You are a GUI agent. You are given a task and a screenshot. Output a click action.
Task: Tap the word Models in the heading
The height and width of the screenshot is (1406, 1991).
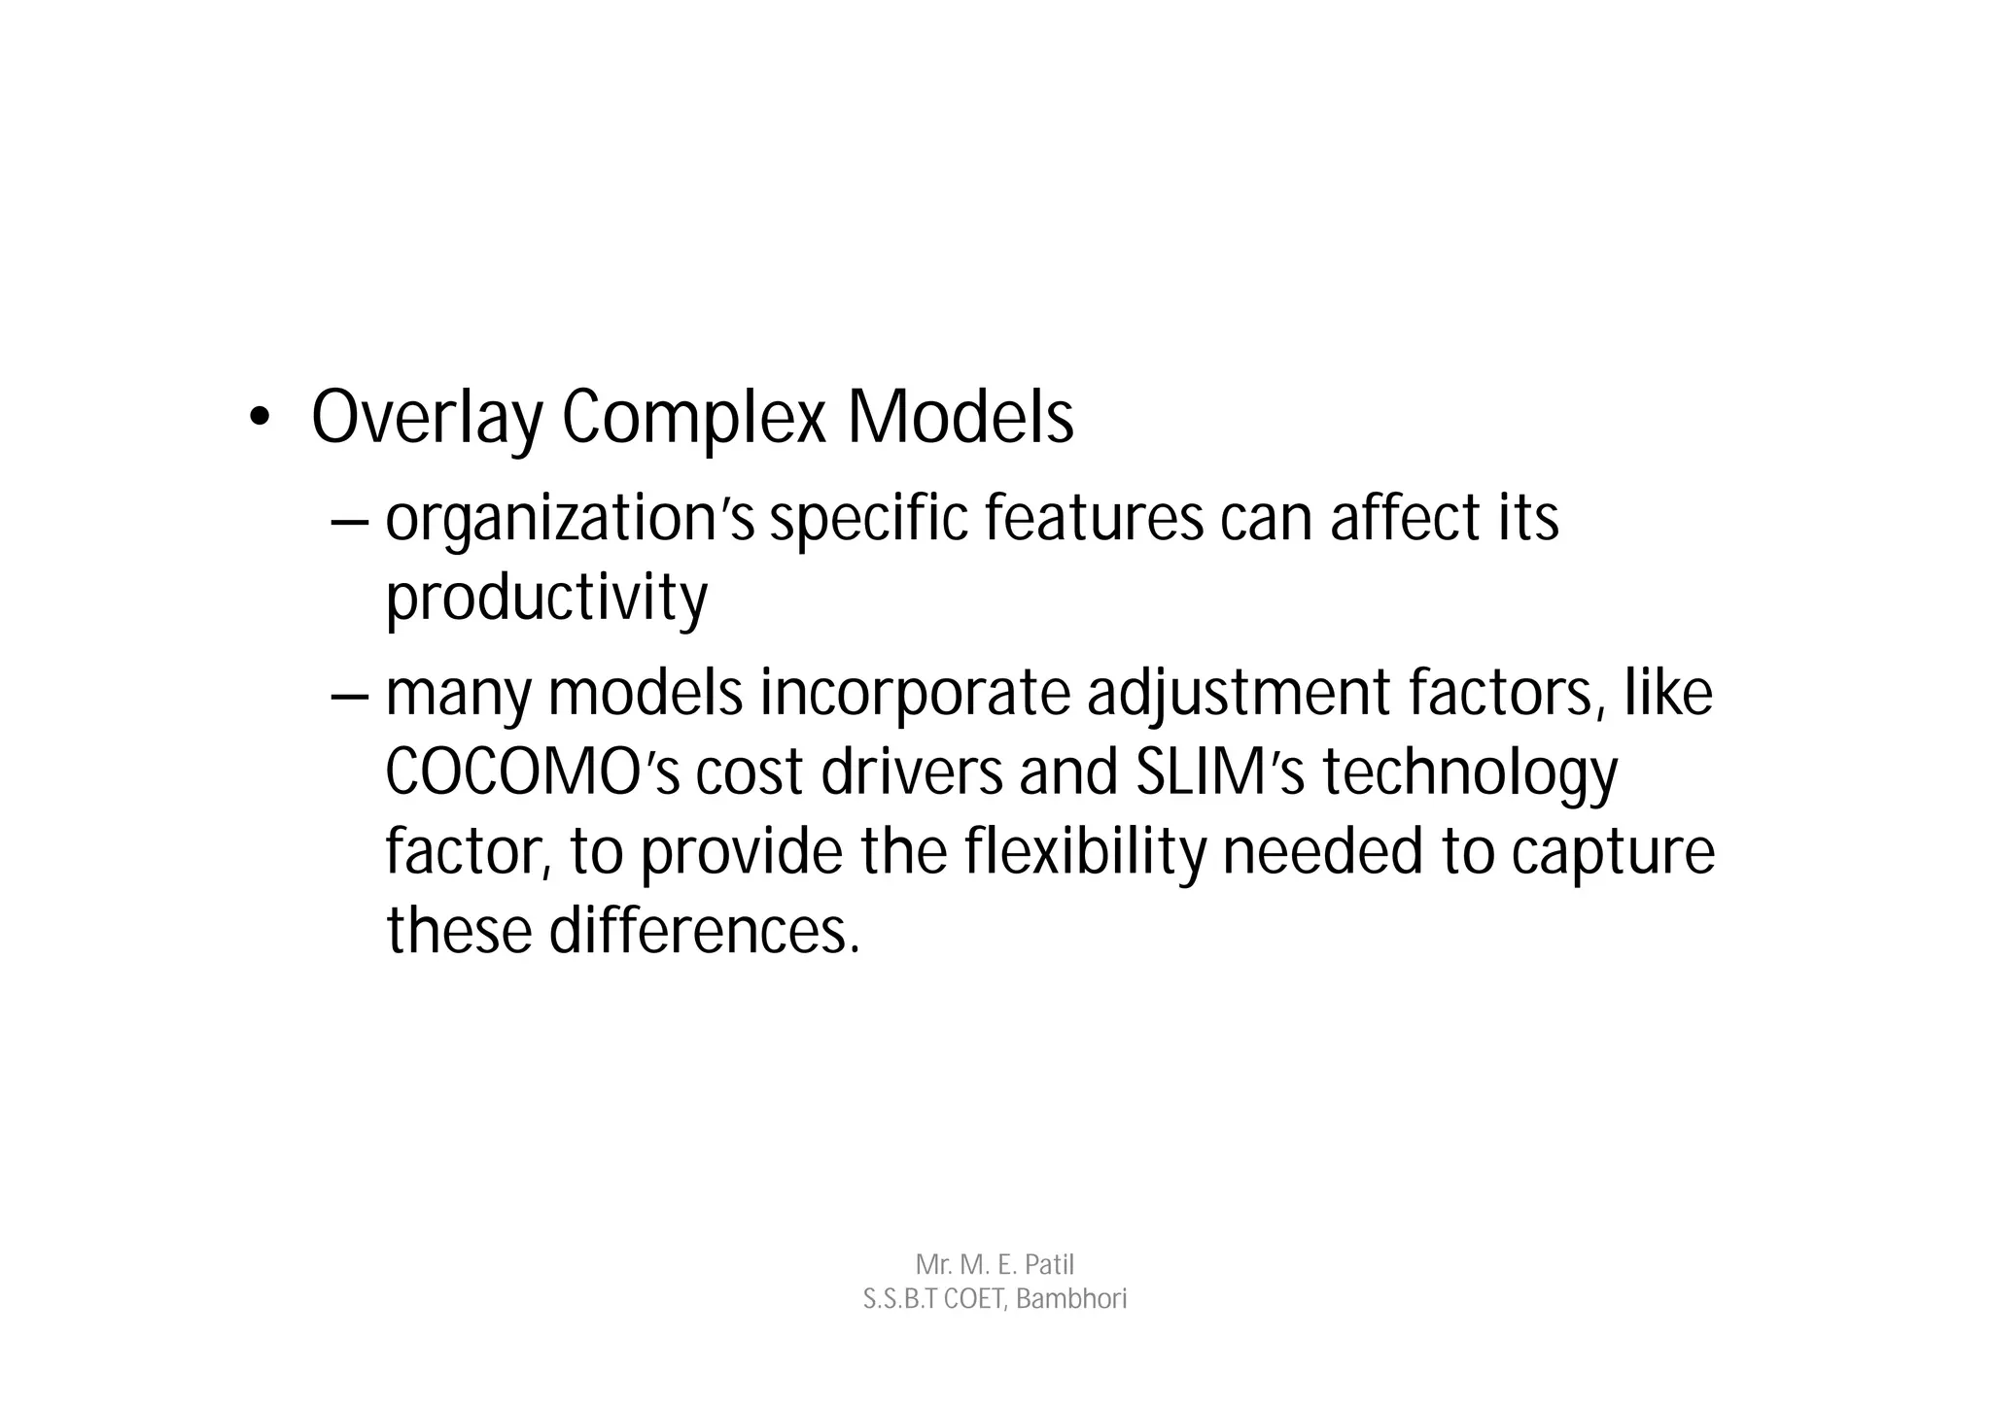point(960,418)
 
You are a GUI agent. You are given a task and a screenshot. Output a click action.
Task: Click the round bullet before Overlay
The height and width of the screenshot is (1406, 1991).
point(258,418)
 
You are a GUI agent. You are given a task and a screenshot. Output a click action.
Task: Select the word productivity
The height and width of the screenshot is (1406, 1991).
point(546,598)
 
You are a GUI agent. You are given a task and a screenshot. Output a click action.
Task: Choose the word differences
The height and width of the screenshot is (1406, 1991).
point(705,930)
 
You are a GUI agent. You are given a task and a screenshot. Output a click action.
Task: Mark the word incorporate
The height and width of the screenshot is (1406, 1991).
point(913,694)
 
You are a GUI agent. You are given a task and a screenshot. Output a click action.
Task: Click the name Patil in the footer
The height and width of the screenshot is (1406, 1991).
point(1049,1265)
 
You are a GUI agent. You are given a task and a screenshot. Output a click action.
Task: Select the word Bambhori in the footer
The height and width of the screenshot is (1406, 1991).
point(1071,1299)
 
